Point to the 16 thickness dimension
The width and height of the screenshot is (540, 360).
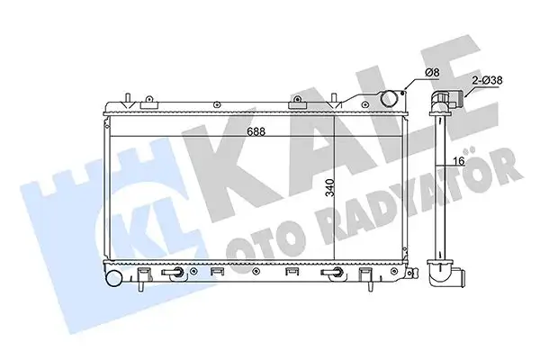click(458, 161)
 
